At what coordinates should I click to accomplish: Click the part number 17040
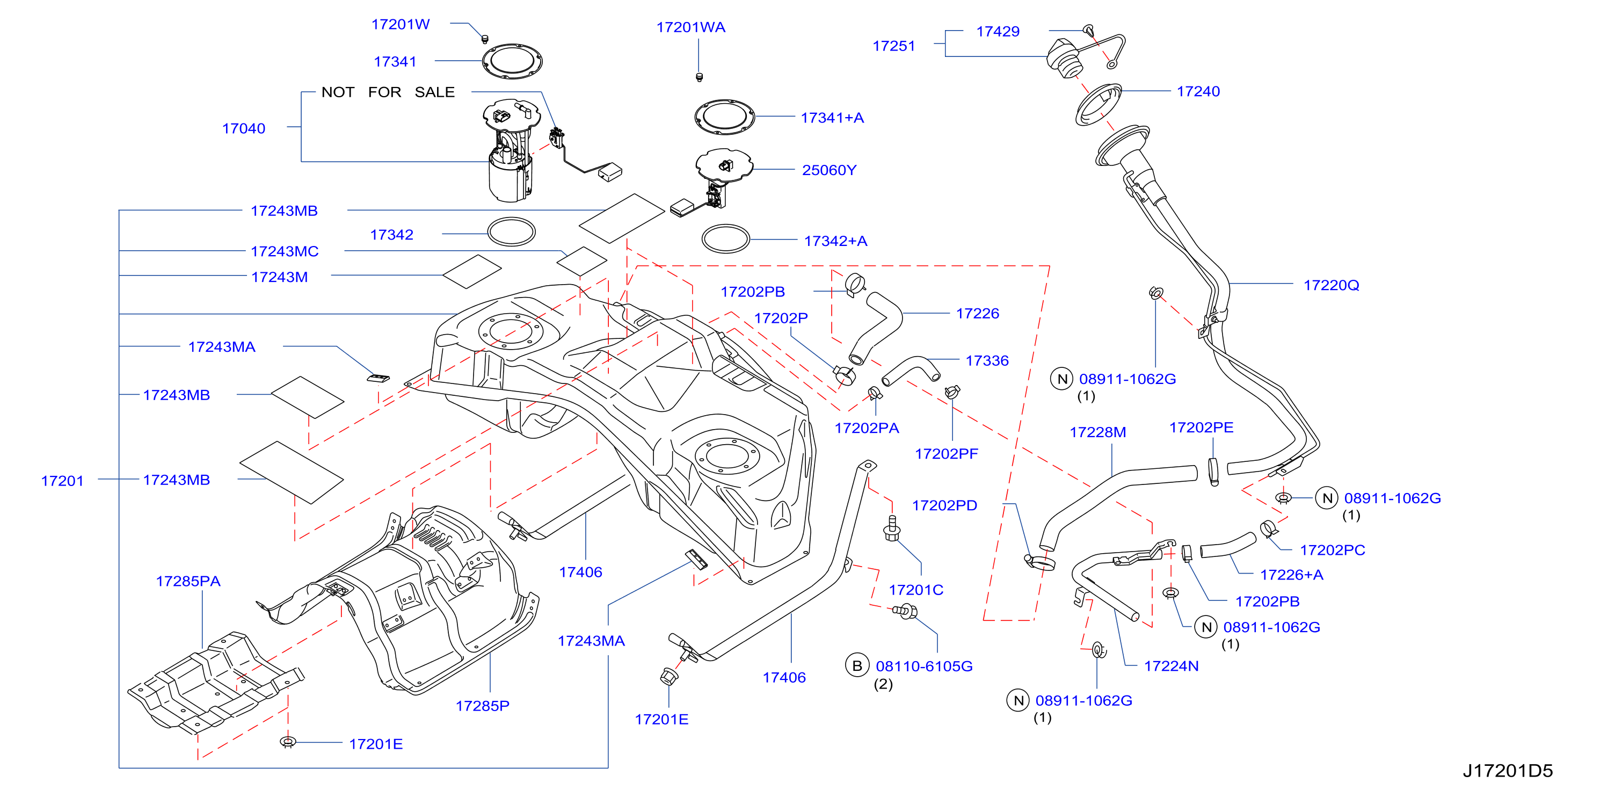click(243, 128)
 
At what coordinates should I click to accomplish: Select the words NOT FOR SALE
click(388, 92)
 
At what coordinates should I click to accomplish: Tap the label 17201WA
click(690, 27)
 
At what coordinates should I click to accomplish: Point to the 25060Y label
click(829, 170)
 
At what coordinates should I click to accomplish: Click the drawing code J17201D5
click(1508, 771)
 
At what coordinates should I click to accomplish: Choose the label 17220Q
click(1331, 285)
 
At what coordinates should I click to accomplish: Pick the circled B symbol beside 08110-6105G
click(857, 665)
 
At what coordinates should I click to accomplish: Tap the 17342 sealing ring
click(512, 232)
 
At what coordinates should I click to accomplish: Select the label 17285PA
click(188, 581)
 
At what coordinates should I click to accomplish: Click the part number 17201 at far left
click(62, 481)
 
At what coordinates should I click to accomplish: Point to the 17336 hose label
click(987, 360)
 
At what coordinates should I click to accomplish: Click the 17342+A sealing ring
click(725, 239)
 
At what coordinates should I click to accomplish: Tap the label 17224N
click(1171, 666)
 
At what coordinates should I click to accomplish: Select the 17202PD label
click(944, 505)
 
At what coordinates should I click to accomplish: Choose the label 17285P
click(482, 706)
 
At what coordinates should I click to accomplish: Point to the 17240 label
click(1198, 91)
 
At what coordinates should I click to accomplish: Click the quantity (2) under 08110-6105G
click(883, 684)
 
